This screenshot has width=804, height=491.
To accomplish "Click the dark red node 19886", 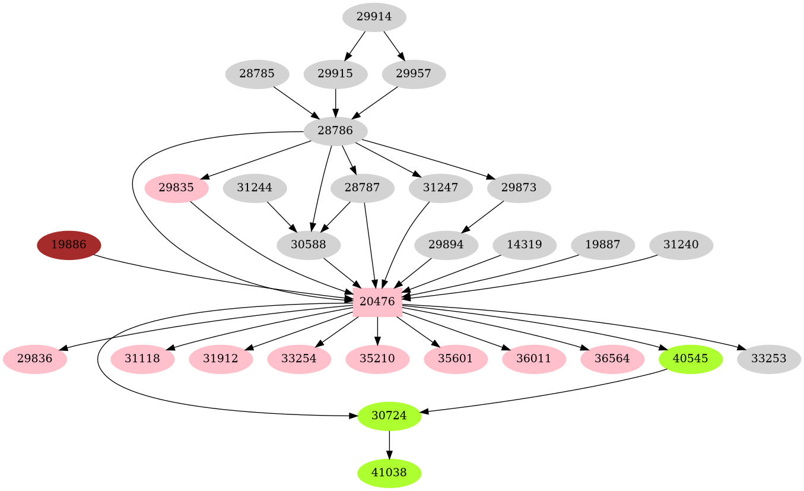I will pos(69,245).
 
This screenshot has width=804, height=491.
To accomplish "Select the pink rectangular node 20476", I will pos(377,302).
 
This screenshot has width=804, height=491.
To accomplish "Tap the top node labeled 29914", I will pos(374,17).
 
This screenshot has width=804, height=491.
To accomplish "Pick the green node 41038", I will pos(389,473).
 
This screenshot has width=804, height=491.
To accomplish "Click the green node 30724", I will pos(389,416).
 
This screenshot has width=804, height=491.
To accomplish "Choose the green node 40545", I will pos(691,359).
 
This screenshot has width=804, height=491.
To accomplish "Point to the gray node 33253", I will pos(769,359).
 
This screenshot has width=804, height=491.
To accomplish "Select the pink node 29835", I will pos(176,188).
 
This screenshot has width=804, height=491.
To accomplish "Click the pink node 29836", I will pos(34,359).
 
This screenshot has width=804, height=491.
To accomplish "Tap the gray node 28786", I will pos(335,131).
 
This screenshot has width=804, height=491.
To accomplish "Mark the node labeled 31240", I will pos(681,245).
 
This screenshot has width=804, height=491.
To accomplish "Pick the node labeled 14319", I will pos(525,245).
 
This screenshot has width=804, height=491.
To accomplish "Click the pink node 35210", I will pos(377,359).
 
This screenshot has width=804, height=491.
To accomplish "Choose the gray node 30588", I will pos(309,245).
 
